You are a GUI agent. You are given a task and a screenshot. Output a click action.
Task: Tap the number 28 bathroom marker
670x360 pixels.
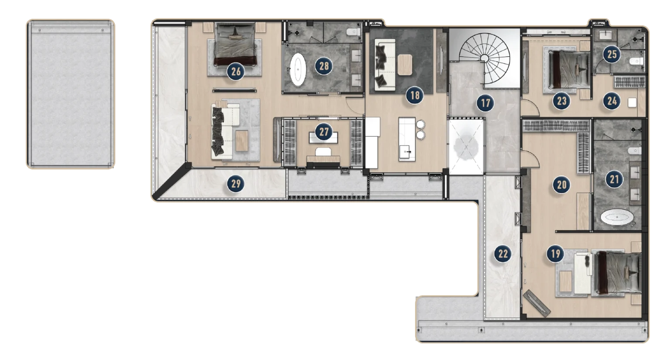click(x=324, y=66)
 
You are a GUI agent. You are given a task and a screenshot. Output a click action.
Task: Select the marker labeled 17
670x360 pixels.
click(x=484, y=103)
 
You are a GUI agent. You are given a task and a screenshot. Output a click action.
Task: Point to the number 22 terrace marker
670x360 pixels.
click(x=503, y=254)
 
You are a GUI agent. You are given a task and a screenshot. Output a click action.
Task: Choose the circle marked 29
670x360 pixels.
click(x=236, y=184)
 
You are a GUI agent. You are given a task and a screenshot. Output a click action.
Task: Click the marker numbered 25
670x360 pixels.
click(x=612, y=54)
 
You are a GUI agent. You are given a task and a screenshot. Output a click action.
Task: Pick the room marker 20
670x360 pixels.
click(x=561, y=185)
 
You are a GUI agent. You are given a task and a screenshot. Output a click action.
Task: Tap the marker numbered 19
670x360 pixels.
click(x=555, y=254)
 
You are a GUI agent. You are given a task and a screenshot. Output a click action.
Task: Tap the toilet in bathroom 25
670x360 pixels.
click(x=638, y=62)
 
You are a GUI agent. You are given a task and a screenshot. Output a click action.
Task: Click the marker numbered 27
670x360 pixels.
click(x=324, y=132)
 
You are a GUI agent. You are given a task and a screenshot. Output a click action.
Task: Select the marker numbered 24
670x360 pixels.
click(x=612, y=101)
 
